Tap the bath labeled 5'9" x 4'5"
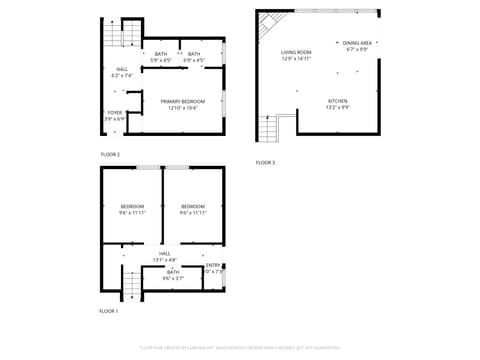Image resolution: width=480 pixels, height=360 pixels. click(160, 57)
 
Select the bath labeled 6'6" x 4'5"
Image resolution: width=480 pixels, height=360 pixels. click(194, 57)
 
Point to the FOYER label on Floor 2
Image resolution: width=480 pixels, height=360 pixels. click(115, 116)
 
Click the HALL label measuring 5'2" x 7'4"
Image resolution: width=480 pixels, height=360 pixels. click(122, 72)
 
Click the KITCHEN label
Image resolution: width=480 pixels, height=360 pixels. click(338, 104)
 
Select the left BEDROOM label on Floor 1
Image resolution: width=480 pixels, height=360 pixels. click(132, 209)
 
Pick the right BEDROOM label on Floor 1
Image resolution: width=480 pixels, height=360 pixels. click(193, 209)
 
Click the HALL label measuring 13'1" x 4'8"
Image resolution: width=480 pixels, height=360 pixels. click(164, 256)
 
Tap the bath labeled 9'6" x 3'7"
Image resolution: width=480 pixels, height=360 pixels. click(173, 274)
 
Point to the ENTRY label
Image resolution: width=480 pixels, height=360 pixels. click(213, 268)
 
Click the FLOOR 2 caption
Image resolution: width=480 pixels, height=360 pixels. click(110, 154)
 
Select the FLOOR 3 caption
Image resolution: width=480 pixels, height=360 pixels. click(265, 162)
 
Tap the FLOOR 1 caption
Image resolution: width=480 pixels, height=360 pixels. click(108, 312)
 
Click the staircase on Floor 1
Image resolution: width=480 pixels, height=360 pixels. click(131, 287)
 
